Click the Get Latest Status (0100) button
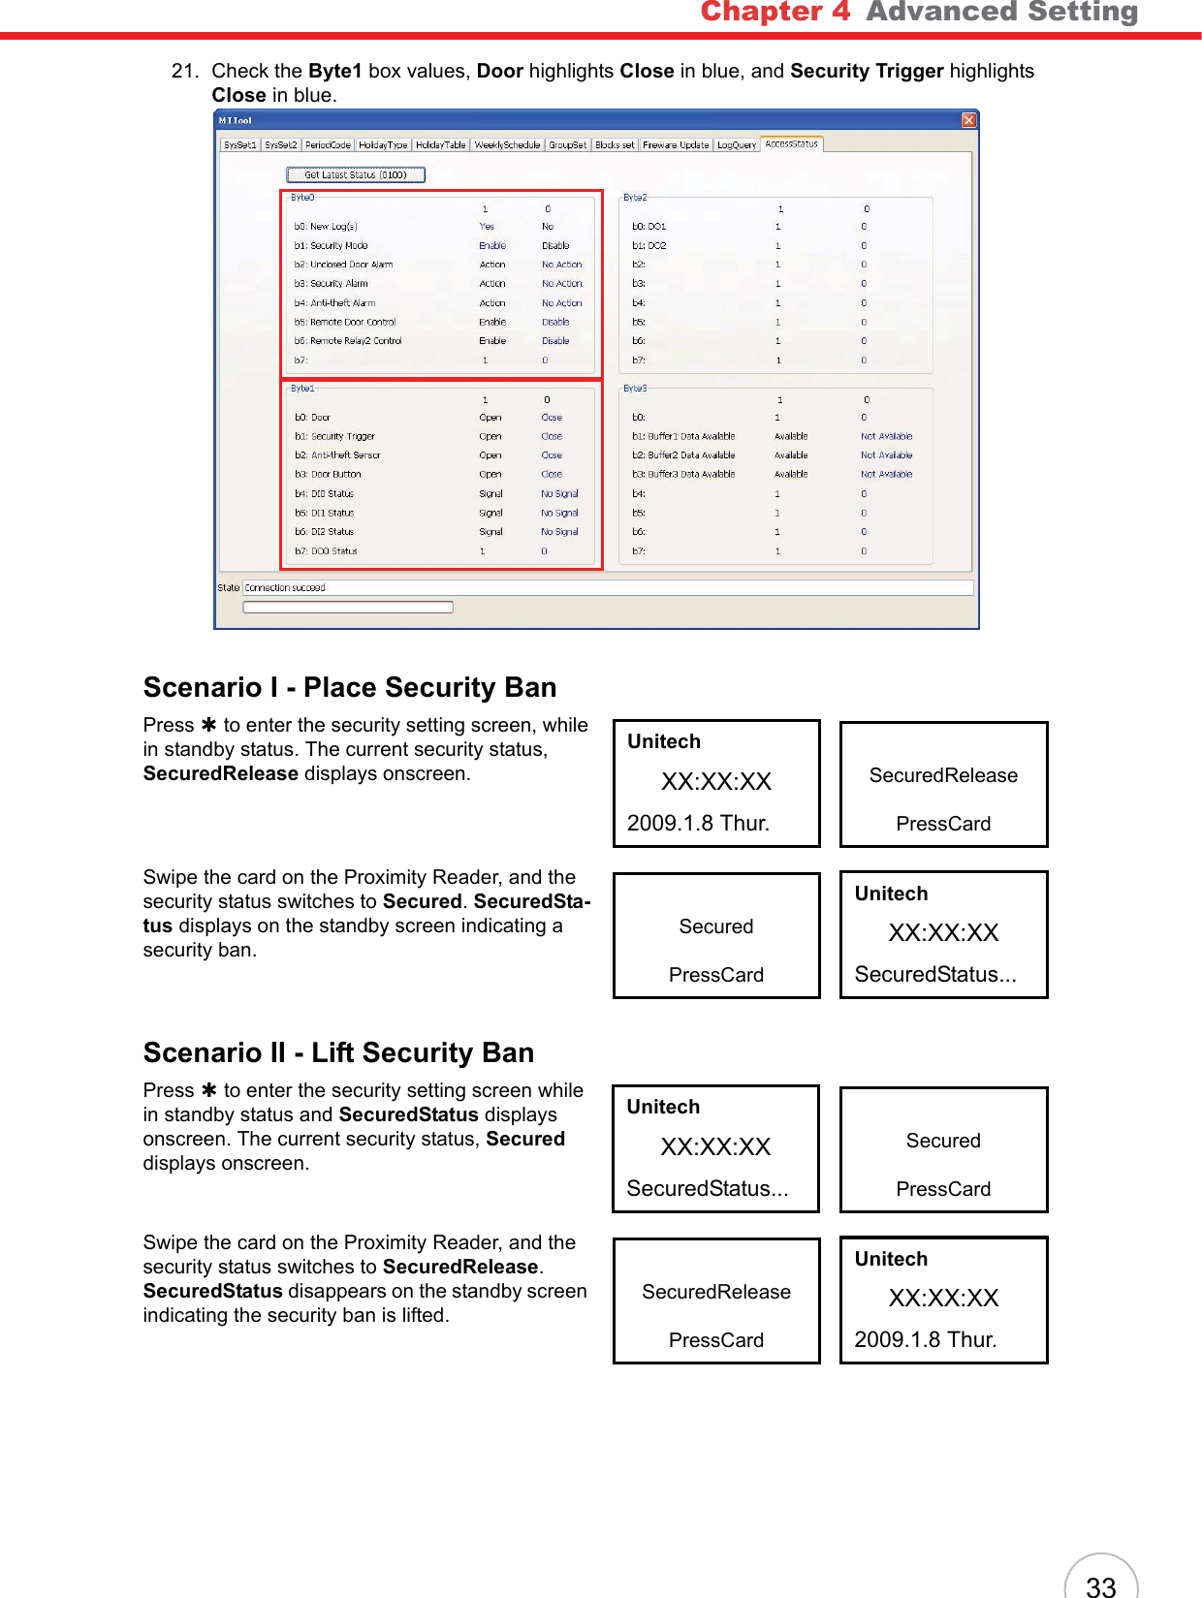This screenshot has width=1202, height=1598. (356, 175)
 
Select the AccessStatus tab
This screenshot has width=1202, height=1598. (791, 144)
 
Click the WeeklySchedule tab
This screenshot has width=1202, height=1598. (507, 145)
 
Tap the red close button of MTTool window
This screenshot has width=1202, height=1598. (968, 120)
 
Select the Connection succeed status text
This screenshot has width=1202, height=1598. (285, 587)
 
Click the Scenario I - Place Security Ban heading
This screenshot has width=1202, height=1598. (350, 687)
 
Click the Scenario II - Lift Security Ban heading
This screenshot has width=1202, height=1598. (338, 1052)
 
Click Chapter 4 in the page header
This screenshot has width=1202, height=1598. (775, 12)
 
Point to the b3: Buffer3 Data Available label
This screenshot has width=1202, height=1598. (683, 475)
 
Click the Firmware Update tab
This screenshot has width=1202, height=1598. (676, 145)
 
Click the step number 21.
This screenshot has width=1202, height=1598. (184, 71)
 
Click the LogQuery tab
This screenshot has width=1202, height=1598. (737, 145)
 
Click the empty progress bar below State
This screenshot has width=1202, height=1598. (348, 608)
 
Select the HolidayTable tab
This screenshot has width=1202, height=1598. (441, 145)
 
